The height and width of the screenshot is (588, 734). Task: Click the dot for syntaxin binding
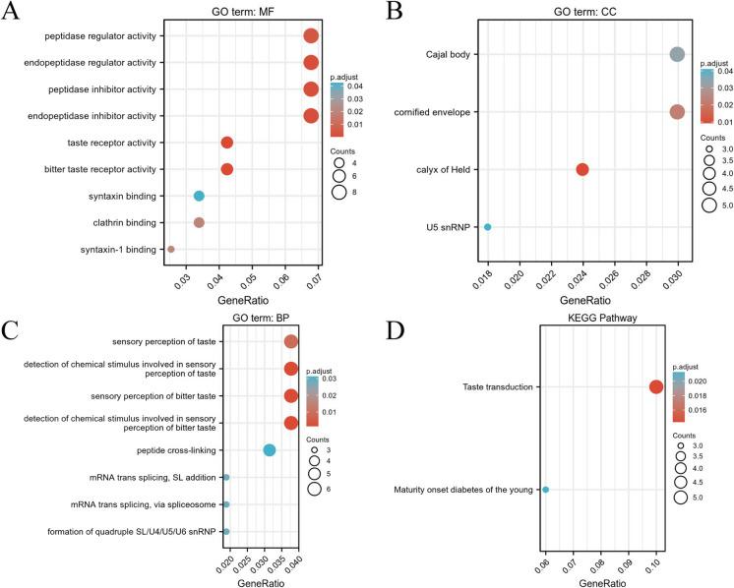[199, 196]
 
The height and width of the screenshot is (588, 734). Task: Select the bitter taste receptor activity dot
[227, 169]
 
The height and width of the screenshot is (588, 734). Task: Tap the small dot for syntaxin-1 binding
[171, 250]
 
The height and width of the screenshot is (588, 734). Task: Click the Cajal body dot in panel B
[677, 55]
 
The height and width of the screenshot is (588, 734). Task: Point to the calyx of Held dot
[581, 169]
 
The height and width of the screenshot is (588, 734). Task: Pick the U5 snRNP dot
[487, 227]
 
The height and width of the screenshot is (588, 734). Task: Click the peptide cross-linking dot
[269, 450]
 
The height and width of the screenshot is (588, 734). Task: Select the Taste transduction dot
[656, 386]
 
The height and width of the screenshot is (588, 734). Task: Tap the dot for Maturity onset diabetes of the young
[546, 490]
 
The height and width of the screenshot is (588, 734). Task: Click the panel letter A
[13, 13]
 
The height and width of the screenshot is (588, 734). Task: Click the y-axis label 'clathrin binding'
[119, 222]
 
